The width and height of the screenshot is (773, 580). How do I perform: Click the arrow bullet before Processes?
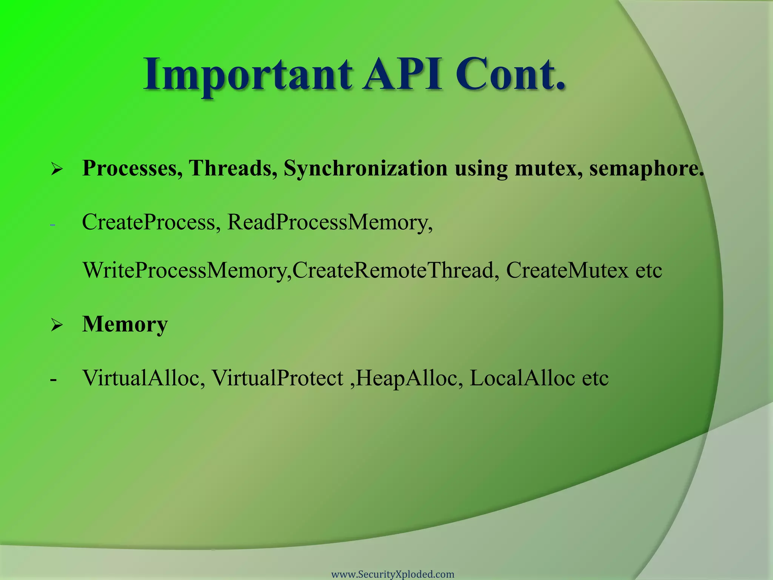57,169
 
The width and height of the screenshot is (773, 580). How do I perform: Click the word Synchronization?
365,168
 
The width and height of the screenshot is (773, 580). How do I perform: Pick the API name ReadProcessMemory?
330,222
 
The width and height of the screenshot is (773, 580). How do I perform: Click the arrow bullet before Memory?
57,325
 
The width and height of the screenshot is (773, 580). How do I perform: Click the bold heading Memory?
125,324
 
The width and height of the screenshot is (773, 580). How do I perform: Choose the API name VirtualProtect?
277,378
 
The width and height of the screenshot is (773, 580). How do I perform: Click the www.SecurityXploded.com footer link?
393,574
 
